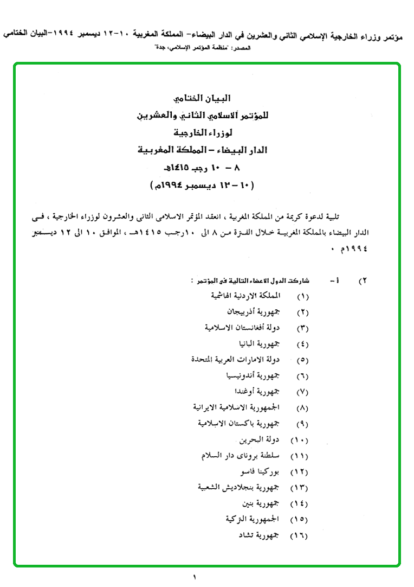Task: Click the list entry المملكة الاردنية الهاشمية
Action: coord(247,296)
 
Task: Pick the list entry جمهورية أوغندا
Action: coord(258,392)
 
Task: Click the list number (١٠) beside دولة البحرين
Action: coord(300,440)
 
